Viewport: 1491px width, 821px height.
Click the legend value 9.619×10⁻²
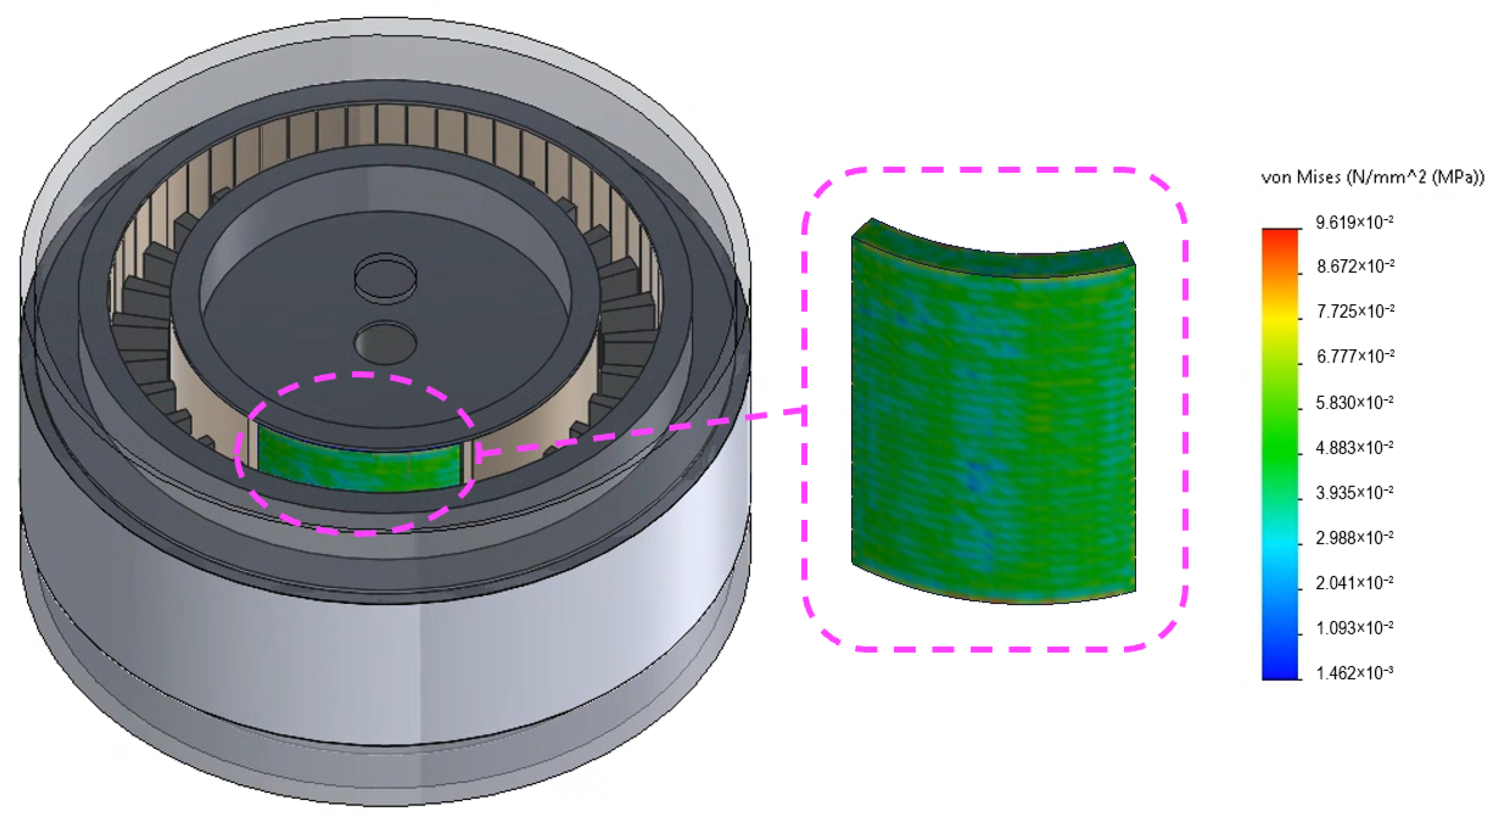[x=1354, y=223]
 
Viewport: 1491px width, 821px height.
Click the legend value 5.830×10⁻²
[x=1354, y=402]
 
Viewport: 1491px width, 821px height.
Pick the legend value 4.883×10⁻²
[x=1354, y=447]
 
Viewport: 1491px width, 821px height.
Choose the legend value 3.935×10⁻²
[x=1354, y=493]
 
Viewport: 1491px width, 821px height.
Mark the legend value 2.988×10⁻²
[x=1354, y=538]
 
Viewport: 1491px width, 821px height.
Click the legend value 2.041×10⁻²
[x=1354, y=583]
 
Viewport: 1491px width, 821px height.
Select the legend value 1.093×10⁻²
[x=1354, y=628]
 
